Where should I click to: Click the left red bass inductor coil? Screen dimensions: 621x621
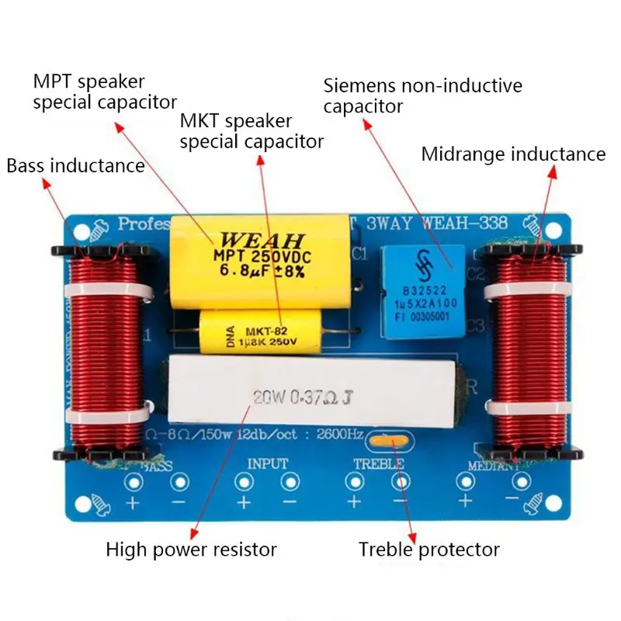click(x=102, y=353)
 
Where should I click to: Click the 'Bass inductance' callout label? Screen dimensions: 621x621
click(x=75, y=165)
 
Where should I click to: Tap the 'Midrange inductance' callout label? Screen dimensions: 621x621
click(x=513, y=154)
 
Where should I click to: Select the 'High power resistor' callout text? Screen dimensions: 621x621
click(x=191, y=550)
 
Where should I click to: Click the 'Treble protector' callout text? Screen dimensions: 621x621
click(x=428, y=550)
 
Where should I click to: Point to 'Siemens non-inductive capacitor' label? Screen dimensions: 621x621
click(x=422, y=95)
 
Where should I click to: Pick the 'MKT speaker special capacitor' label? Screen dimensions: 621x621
click(x=252, y=131)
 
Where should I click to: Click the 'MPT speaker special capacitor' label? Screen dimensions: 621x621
click(x=104, y=92)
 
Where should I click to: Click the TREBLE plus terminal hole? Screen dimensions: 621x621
click(x=355, y=482)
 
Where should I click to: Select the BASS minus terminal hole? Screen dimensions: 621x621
click(x=180, y=482)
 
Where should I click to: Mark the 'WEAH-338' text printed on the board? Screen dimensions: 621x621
click(x=466, y=224)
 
